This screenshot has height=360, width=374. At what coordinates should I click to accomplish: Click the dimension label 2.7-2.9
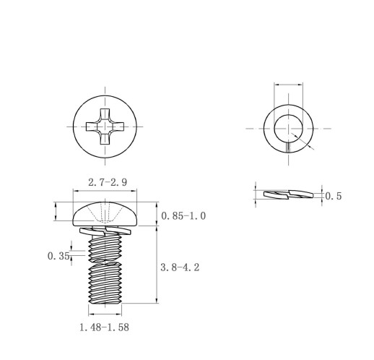pyautogui.click(x=108, y=182)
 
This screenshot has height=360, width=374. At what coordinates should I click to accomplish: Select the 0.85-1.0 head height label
pyautogui.click(x=183, y=216)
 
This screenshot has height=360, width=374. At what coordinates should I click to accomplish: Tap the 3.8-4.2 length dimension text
pyautogui.click(x=180, y=267)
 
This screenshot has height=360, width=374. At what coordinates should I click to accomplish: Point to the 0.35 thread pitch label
pyautogui.click(x=58, y=256)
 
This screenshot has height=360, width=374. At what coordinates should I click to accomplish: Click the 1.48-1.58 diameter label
pyautogui.click(x=104, y=327)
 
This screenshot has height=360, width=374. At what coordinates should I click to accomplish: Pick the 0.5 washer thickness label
pyautogui.click(x=334, y=196)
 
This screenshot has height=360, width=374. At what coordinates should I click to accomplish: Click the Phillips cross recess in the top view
pyautogui.click(x=105, y=127)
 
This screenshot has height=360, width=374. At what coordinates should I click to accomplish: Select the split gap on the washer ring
pyautogui.click(x=288, y=147)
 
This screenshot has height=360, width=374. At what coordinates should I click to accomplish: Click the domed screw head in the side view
pyautogui.click(x=105, y=214)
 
